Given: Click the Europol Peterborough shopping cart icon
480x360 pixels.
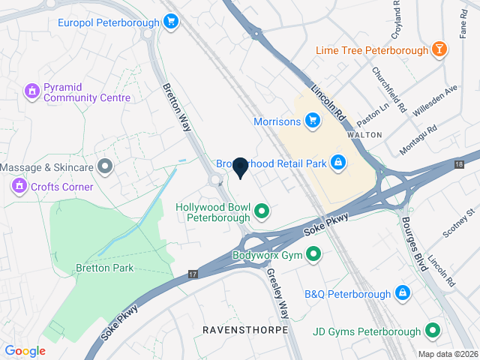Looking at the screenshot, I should click(171, 22).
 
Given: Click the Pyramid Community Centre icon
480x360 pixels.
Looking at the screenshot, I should click(31, 91).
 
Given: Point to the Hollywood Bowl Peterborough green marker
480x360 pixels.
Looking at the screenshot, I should click(262, 212).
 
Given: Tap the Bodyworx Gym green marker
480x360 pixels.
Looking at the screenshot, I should click(314, 255).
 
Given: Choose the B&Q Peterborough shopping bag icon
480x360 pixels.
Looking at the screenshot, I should click(403, 292).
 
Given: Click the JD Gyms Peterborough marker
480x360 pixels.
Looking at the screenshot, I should click(433, 330).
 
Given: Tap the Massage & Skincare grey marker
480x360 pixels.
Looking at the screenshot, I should click(106, 166).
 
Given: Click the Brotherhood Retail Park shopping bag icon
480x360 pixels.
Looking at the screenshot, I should click(339, 162).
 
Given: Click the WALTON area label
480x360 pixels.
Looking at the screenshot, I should click(366, 134).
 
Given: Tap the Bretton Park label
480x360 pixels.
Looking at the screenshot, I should click(103, 268).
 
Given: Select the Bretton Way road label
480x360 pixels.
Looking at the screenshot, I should click(177, 108).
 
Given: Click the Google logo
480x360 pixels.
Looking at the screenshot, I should click(25, 350).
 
